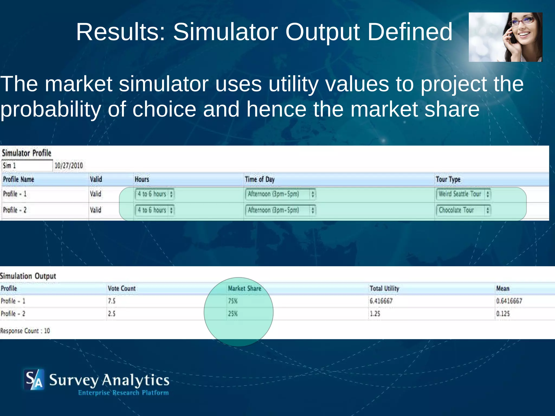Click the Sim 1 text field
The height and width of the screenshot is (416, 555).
pyautogui.click(x=27, y=165)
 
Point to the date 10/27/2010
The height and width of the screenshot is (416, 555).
pyautogui.click(x=69, y=165)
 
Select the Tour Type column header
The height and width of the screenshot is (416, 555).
pyautogui.click(x=448, y=179)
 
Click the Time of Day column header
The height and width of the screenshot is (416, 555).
pyautogui.click(x=260, y=179)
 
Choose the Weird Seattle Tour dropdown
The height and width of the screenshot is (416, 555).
pyautogui.click(x=463, y=194)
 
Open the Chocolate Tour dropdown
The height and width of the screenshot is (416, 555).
pyautogui.click(x=463, y=210)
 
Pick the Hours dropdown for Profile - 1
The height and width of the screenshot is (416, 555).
pyautogui.click(x=154, y=194)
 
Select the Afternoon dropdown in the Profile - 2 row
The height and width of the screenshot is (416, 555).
pyautogui.click(x=280, y=210)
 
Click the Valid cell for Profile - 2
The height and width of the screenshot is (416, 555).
pyautogui.click(x=95, y=210)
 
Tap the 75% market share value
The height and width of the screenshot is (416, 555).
pyautogui.click(x=233, y=301)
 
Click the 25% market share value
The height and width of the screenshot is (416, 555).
pyautogui.click(x=233, y=314)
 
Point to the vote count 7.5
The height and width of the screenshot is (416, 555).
pyautogui.click(x=111, y=301)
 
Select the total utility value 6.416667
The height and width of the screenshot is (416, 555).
pyautogui.click(x=381, y=301)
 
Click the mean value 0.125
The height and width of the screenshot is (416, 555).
pyautogui.click(x=503, y=314)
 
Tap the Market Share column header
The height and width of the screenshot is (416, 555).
pyautogui.click(x=244, y=288)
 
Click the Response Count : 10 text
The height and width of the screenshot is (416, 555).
pyautogui.click(x=25, y=331)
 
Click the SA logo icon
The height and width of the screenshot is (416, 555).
pyautogui.click(x=34, y=379)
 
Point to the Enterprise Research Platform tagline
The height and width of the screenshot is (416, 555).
pyautogui.click(x=123, y=393)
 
